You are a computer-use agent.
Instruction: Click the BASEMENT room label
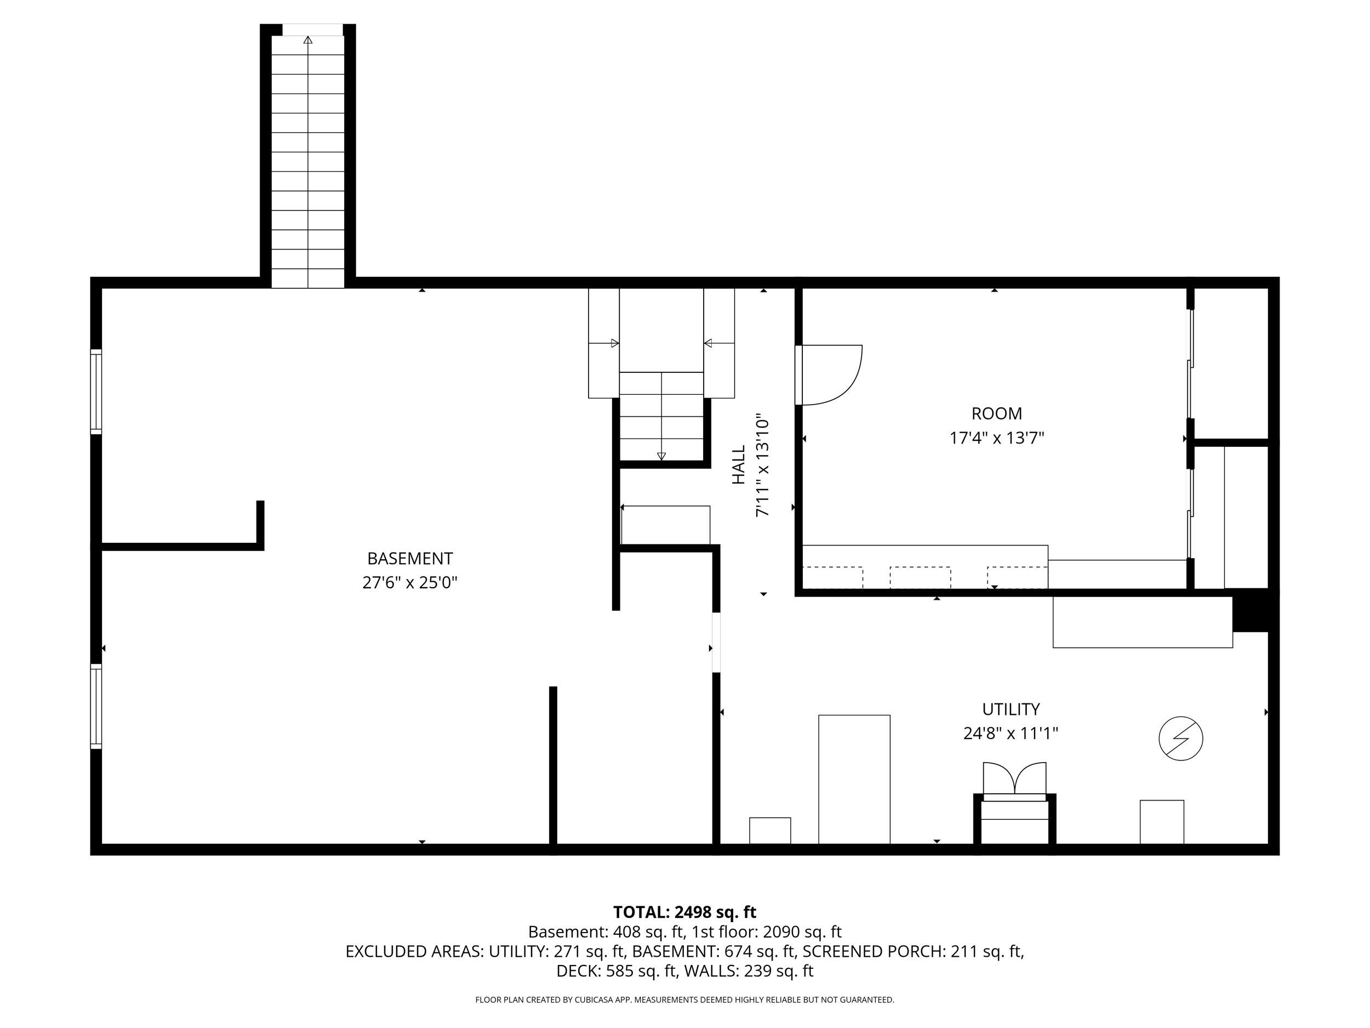coord(409,558)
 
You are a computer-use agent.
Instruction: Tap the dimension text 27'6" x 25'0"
coord(409,583)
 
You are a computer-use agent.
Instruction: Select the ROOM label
coord(996,413)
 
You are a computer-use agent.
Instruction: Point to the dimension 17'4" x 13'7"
coord(996,438)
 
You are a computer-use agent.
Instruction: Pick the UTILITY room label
coord(1010,709)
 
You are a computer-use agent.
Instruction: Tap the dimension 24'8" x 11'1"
coord(1010,734)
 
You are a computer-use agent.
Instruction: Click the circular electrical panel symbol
coord(1180,739)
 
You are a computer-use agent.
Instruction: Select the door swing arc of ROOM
coord(842,384)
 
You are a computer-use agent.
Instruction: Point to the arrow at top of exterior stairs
coord(308,40)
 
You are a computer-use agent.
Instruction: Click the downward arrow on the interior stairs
coord(661,456)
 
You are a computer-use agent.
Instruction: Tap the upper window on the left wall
coord(96,391)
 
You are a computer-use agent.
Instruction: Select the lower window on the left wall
coord(96,706)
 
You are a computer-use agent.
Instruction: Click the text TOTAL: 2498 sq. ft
coord(684,912)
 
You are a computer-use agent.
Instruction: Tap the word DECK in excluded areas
coord(576,971)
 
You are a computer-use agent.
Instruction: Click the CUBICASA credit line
coord(684,999)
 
